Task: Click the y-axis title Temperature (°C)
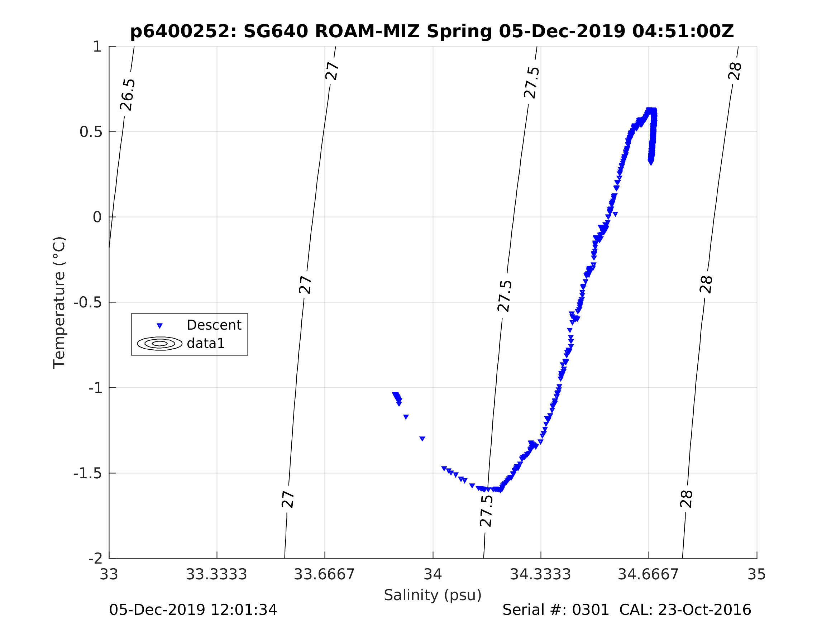click(x=59, y=302)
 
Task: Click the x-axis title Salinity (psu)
click(x=433, y=595)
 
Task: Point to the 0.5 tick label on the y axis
click(x=91, y=132)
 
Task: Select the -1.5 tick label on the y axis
click(x=88, y=473)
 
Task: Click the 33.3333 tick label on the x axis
click(x=216, y=575)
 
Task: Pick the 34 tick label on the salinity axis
click(x=433, y=575)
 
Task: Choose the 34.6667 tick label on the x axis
click(x=648, y=575)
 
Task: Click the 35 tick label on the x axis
click(x=757, y=575)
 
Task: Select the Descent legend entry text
click(x=214, y=325)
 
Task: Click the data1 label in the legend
click(x=206, y=343)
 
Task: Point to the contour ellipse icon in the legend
click(x=159, y=344)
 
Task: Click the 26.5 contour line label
click(x=127, y=95)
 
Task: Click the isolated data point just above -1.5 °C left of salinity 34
click(x=422, y=439)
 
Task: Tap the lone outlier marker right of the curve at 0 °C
click(x=615, y=214)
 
